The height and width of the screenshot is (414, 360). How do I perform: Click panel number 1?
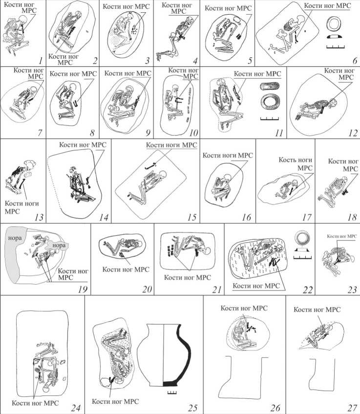(x=40, y=61)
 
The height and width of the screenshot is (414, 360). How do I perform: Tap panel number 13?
(x=39, y=217)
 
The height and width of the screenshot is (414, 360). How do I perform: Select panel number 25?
(x=192, y=408)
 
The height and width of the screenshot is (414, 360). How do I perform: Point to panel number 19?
(x=83, y=290)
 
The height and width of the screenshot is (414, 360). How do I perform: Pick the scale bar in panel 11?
(x=270, y=118)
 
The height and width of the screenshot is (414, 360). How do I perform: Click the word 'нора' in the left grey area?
(x=15, y=238)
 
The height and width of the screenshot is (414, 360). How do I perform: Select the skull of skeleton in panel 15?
(x=163, y=175)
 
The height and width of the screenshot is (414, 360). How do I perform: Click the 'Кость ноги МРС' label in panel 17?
(x=296, y=164)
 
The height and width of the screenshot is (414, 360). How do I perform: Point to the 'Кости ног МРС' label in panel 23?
(x=342, y=236)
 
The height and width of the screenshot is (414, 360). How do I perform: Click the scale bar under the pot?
(x=172, y=393)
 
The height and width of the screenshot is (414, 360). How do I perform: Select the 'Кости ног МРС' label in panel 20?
(x=126, y=269)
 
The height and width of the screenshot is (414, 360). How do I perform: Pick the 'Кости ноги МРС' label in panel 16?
(x=228, y=156)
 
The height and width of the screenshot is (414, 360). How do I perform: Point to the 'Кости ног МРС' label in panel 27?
(x=317, y=310)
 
